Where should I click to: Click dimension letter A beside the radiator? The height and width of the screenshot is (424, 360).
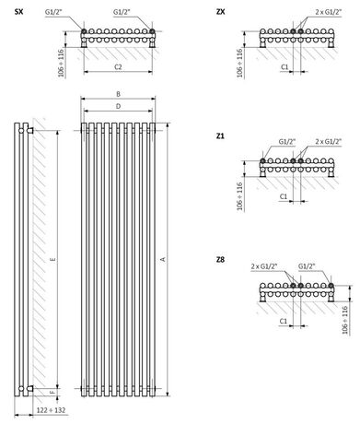pos(163,259)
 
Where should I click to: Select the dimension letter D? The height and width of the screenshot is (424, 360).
pos(119,108)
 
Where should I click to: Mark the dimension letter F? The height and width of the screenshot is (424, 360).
pos(52,397)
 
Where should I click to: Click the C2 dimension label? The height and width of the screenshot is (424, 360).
pos(117,66)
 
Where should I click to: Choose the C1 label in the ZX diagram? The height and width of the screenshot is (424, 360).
pos(285,66)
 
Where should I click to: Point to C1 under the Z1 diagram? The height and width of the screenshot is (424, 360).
pos(285,196)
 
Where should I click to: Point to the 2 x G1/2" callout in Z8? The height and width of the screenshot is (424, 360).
pos(264,265)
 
